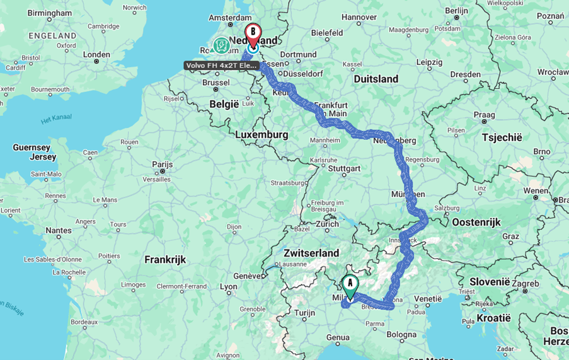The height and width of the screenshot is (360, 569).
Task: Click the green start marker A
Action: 350,284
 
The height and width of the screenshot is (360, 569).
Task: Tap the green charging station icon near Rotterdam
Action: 221,45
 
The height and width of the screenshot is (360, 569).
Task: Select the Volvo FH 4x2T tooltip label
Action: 221,66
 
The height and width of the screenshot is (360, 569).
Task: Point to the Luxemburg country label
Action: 262,135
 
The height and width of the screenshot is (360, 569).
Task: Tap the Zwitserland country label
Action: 312,253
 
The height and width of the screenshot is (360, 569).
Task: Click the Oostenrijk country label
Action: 476,222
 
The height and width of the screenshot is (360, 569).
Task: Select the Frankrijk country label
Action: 165,259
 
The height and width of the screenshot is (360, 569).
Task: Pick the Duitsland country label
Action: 376,79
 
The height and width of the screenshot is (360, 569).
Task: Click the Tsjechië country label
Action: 502,137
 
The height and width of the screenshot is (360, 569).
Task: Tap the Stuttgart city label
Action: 344,168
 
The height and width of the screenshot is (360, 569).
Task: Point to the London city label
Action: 96,54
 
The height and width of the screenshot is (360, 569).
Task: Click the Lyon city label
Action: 228,286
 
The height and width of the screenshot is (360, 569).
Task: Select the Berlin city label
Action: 456,10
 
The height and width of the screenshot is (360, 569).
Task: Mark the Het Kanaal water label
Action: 56,118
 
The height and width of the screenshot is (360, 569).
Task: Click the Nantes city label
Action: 59,231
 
